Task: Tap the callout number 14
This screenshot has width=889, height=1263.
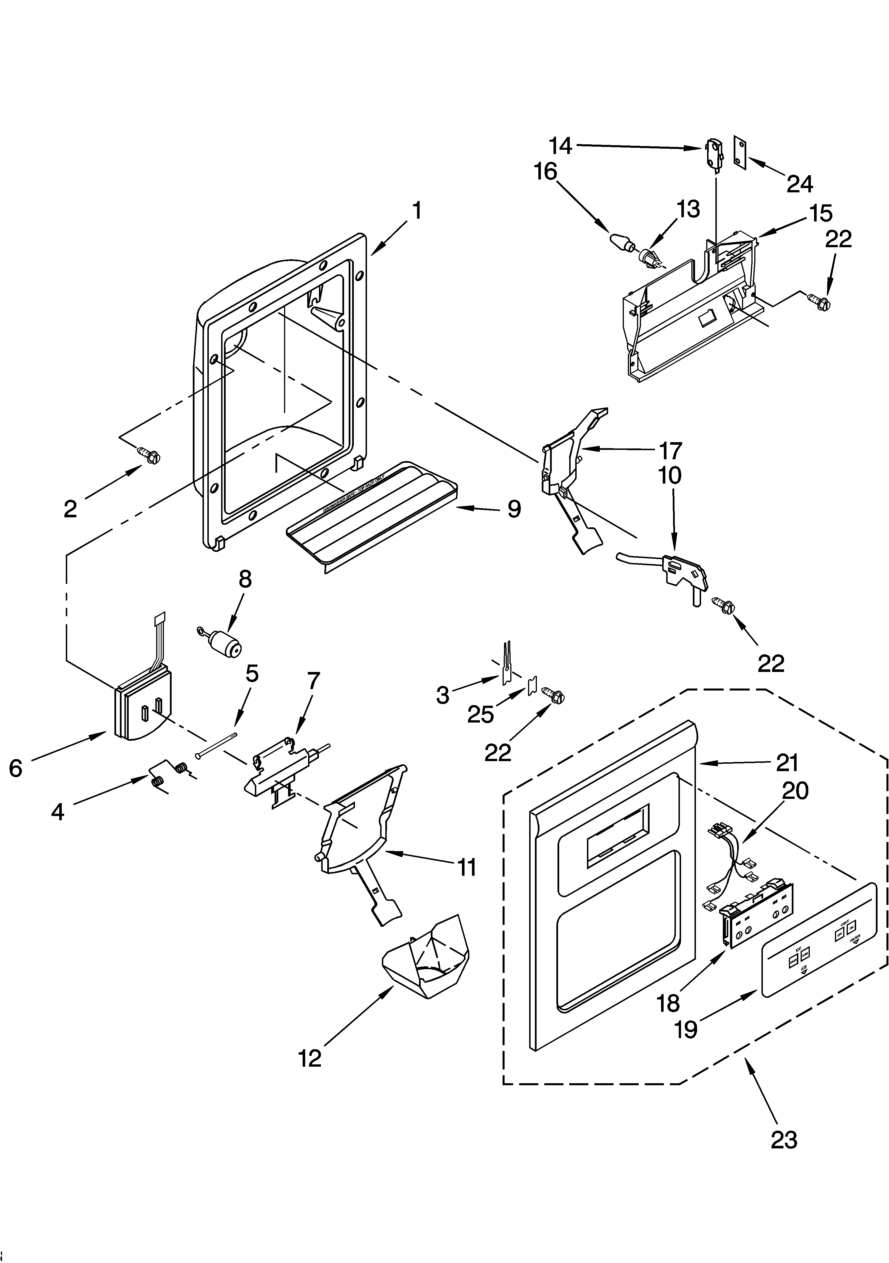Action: [x=560, y=146]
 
